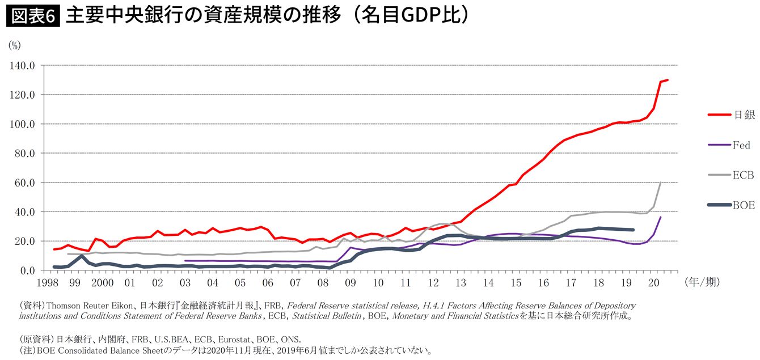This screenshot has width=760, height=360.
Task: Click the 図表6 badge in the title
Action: [x=32, y=16]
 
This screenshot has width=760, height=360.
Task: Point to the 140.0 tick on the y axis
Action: [x=23, y=65]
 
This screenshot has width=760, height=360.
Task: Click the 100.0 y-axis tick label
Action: [x=23, y=124]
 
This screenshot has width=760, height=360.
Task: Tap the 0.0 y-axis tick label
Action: [x=28, y=270]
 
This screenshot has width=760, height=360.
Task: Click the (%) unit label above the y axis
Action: [x=14, y=46]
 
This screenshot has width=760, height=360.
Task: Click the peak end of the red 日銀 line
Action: [x=668, y=80]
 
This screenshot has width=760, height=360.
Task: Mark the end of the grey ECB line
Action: [x=661, y=183]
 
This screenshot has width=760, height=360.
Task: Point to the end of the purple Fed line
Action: [x=661, y=217]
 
